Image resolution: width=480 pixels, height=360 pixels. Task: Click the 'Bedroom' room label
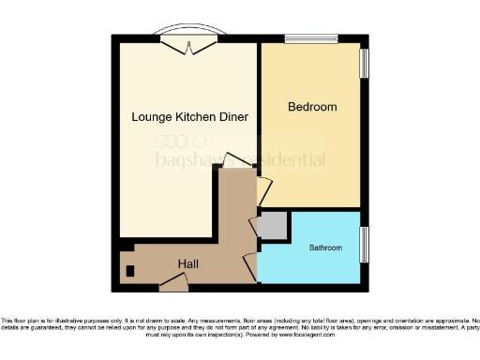(313, 107)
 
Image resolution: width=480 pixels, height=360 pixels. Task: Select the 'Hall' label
(187, 264)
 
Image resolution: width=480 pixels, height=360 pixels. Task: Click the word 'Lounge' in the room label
(152, 117)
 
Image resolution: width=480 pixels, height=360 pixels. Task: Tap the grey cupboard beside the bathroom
(272, 225)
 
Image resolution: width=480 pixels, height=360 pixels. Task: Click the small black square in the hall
(130, 272)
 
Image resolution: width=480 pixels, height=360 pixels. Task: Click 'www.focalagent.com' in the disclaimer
(306, 335)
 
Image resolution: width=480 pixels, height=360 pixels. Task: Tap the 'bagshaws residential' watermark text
(239, 159)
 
